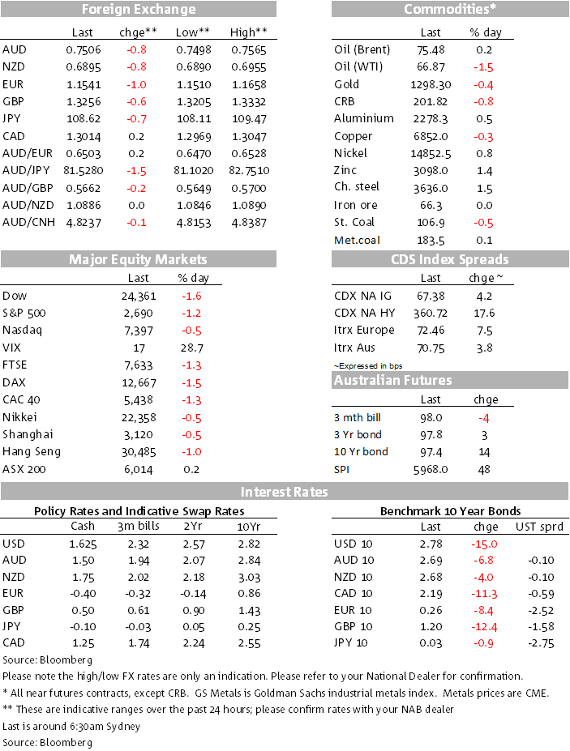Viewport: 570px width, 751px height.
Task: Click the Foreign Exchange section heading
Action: (139, 9)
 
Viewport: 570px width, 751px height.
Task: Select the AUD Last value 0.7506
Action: (84, 49)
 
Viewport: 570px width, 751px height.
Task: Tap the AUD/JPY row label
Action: (27, 170)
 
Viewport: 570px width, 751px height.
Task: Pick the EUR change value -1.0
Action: (137, 85)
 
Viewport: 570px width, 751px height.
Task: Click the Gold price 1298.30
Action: (431, 85)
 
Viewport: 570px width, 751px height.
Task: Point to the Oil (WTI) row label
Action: (358, 67)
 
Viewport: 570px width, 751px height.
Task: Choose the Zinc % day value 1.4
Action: (485, 171)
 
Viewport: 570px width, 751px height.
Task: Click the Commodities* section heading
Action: (450, 9)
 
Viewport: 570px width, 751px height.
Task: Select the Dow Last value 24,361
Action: (139, 297)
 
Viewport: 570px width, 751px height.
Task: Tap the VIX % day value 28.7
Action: (192, 348)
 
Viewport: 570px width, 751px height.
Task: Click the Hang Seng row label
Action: (32, 452)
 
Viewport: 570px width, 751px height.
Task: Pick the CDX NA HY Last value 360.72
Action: (431, 314)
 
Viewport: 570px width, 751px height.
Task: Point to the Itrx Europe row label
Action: (364, 331)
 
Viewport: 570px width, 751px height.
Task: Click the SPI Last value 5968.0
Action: (431, 470)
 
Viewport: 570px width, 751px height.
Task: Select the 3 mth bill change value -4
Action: (484, 419)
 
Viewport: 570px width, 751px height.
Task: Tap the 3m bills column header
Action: (139, 526)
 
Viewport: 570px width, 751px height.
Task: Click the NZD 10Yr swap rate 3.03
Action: (249, 578)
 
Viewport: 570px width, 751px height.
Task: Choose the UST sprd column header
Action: (539, 527)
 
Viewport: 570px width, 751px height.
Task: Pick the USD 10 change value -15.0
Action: (484, 544)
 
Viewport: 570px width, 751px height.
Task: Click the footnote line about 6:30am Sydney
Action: (71, 727)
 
